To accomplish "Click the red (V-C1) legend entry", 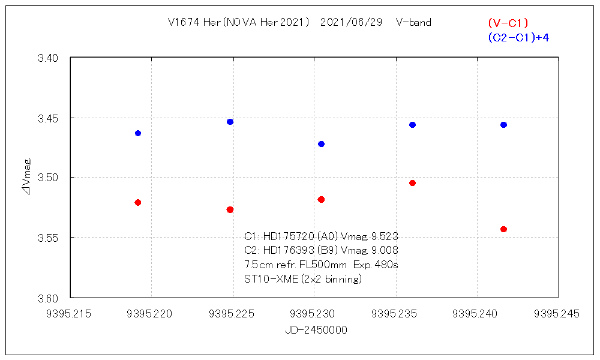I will tap(508, 23).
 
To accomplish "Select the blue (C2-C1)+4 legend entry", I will tap(519, 37).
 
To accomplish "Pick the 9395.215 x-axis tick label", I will tap(70, 314).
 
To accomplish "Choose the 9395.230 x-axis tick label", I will tap(314, 314).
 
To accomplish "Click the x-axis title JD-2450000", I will tap(314, 330).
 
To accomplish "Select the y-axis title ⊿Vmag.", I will tap(28, 178).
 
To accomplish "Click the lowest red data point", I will tap(503, 229).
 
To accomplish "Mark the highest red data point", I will tap(412, 183).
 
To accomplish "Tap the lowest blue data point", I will tap(321, 144).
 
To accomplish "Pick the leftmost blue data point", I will tap(138, 133).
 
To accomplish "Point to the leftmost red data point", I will tap(138, 202).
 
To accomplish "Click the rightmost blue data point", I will tap(503, 125).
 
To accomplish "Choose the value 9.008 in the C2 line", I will tap(385, 250).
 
